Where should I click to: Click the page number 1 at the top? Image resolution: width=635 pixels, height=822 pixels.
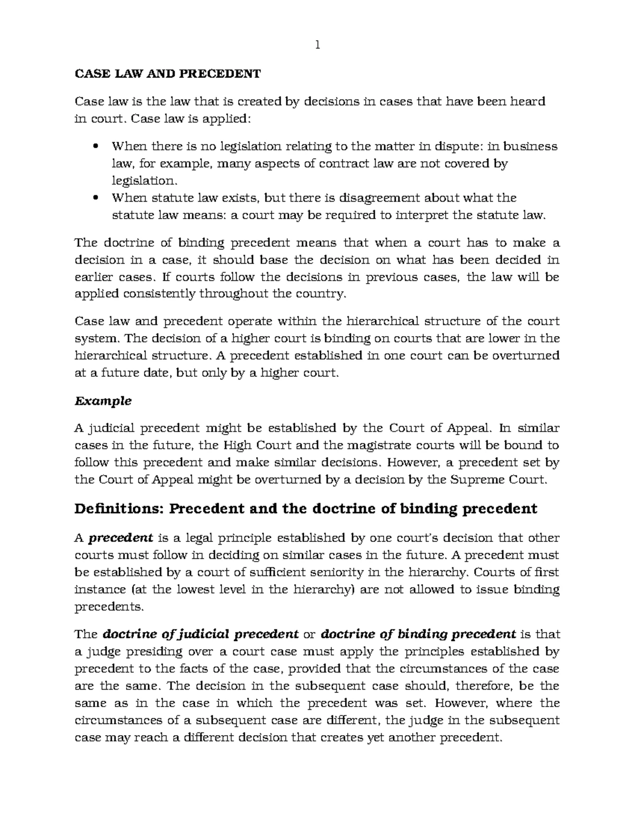coord(317,46)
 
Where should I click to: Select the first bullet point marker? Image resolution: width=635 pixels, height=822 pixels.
coord(96,146)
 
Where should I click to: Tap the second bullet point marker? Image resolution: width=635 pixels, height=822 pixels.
coord(96,198)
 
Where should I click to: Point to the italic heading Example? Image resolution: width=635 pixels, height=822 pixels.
coord(103,401)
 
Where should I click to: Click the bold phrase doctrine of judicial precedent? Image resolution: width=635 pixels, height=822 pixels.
coord(201,634)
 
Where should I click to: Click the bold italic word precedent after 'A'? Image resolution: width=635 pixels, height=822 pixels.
coord(121,538)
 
